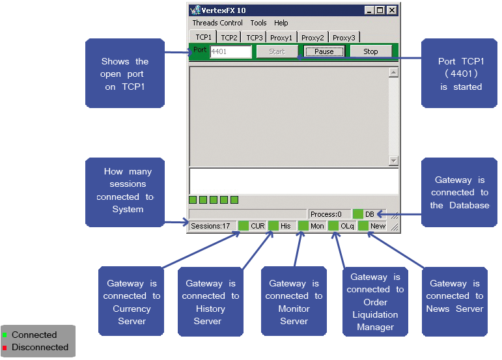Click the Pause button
click(x=324, y=51)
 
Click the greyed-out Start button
click(x=277, y=51)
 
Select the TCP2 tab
click(x=229, y=38)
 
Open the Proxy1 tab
click(x=281, y=38)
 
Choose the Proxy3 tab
click(x=344, y=38)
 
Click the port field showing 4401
click(x=230, y=52)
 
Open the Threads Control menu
click(x=217, y=23)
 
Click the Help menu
click(x=281, y=23)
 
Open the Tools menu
click(x=258, y=23)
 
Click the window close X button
click(x=391, y=10)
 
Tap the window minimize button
click(x=369, y=10)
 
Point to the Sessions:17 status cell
click(x=210, y=226)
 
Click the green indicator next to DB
click(x=357, y=214)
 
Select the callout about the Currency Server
click(x=132, y=301)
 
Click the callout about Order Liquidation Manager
click(x=375, y=301)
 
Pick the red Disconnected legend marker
click(x=5, y=348)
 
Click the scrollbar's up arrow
click(x=393, y=73)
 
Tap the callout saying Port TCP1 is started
click(x=460, y=74)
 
